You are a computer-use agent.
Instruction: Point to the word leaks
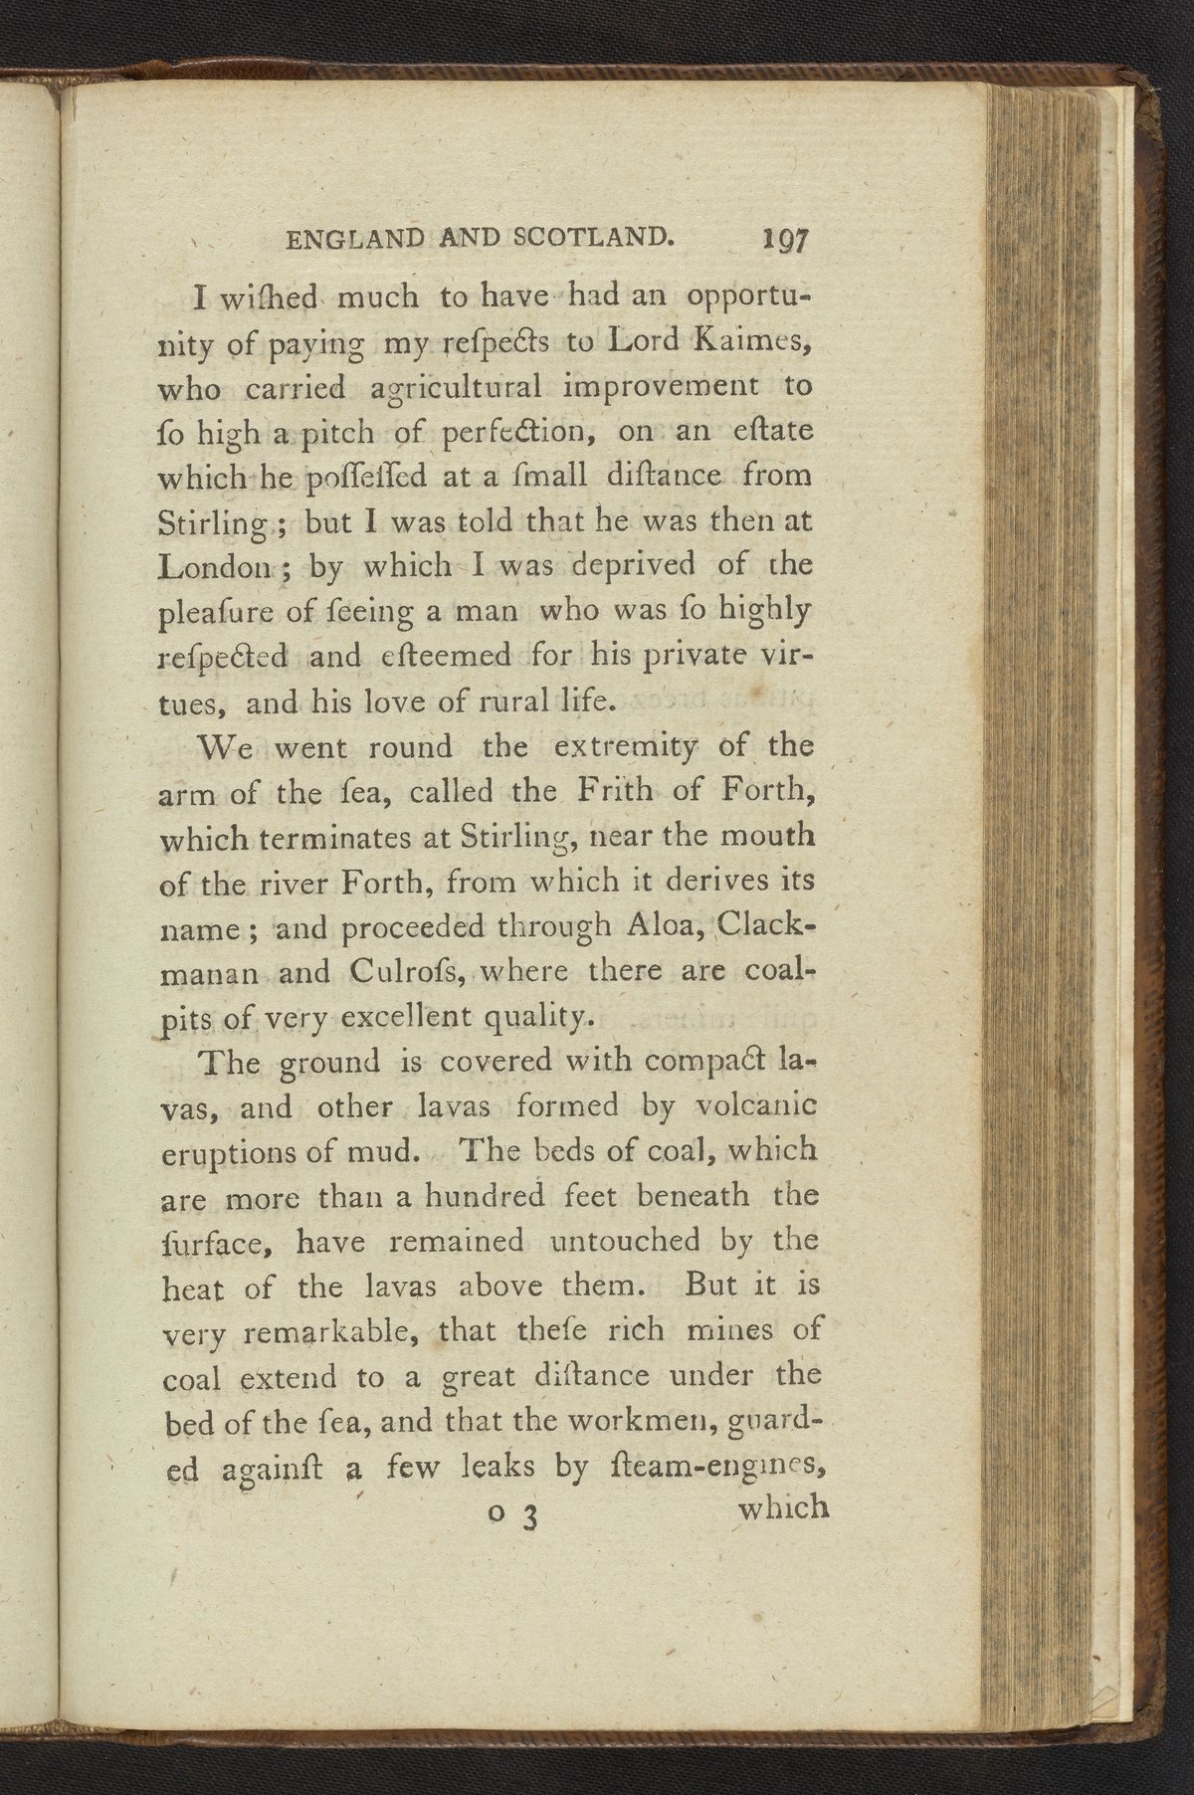(502, 1468)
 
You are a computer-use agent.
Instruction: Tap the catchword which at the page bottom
(783, 1508)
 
